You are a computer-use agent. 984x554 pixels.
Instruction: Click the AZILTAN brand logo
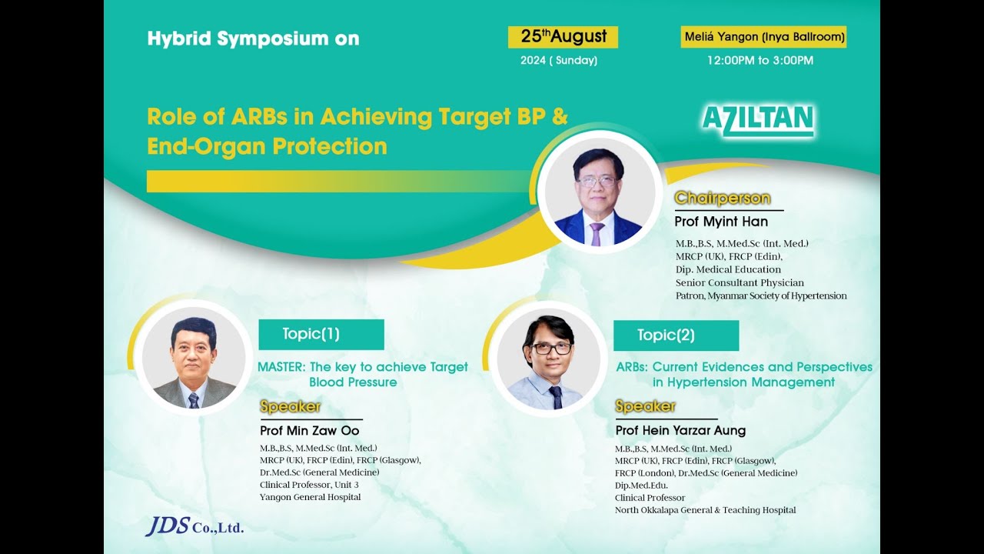[758, 122]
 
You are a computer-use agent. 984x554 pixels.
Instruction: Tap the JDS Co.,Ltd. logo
[194, 526]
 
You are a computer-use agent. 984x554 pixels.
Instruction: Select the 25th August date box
[563, 37]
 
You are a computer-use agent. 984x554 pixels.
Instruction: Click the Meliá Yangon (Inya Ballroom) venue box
[763, 37]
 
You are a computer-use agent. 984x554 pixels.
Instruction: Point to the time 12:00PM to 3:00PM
[760, 60]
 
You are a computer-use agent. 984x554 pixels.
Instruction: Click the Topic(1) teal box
[321, 334]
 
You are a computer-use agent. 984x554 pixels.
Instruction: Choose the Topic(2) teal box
[676, 335]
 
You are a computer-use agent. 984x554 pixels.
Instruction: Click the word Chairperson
[722, 199]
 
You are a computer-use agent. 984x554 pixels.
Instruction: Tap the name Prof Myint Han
[720, 222]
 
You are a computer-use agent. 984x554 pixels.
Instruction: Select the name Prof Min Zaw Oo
[309, 431]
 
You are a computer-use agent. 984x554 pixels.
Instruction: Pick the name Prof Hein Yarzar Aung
[680, 431]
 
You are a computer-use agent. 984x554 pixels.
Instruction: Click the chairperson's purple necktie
[597, 233]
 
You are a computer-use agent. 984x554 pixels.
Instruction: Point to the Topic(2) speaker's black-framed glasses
[551, 348]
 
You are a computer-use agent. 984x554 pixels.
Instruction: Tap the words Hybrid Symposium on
[253, 38]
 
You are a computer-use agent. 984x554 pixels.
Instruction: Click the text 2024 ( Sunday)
[559, 61]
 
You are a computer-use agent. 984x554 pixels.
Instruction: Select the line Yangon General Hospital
[310, 497]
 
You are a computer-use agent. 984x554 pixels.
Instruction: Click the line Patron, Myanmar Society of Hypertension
[760, 295]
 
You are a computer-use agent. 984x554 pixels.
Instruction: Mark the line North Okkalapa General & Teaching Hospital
[705, 510]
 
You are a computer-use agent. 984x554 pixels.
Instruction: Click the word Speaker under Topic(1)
[290, 407]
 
